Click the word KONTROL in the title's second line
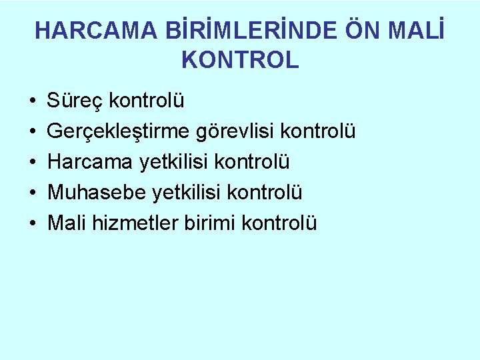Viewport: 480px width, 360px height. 240,61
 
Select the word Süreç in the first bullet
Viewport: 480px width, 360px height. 75,102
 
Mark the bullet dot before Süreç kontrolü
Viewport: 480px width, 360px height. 33,103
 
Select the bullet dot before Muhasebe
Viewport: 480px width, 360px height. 33,193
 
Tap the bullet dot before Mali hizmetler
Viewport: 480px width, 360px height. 33,223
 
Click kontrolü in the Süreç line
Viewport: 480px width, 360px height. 147,102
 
